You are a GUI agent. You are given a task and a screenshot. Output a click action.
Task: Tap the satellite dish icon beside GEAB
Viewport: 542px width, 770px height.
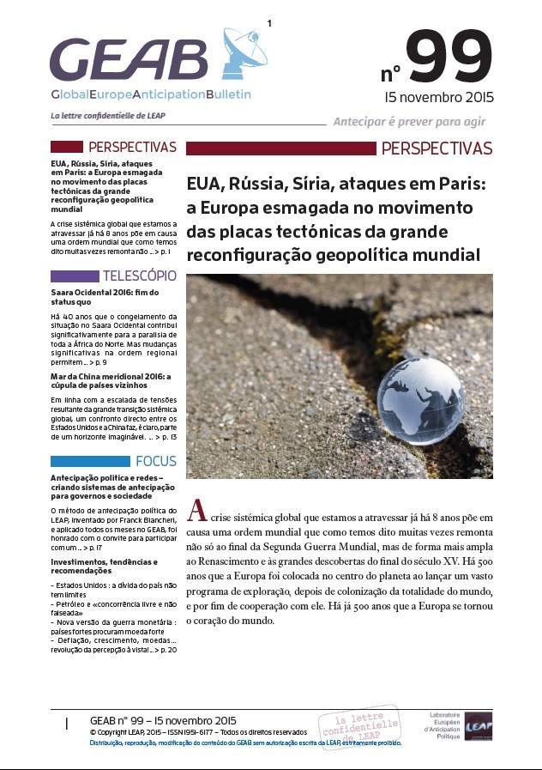click(242, 52)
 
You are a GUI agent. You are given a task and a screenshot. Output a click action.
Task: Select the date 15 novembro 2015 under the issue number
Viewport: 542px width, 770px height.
click(439, 96)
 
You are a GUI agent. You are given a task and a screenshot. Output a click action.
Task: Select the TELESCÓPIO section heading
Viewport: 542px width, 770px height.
click(139, 276)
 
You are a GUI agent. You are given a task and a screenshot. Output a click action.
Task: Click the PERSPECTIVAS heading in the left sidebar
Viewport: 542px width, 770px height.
click(132, 148)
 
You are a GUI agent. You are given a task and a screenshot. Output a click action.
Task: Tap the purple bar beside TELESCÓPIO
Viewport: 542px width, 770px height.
click(75, 276)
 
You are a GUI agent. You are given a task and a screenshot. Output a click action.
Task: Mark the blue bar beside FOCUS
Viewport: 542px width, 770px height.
click(90, 461)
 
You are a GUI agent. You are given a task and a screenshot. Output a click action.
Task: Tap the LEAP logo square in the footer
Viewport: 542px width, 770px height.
click(479, 725)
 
